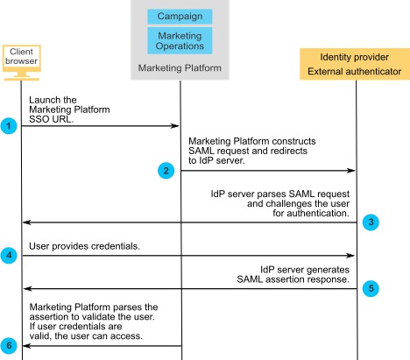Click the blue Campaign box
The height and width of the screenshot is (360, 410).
(180, 17)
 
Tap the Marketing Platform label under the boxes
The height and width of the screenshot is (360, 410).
(180, 67)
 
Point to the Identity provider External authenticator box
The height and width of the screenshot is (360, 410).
(356, 63)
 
